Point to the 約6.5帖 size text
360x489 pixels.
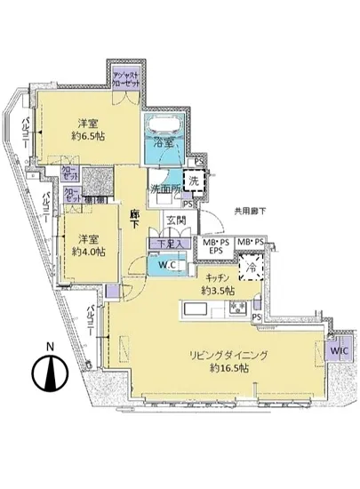pos(86,138)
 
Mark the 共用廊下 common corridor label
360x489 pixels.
pos(252,211)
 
